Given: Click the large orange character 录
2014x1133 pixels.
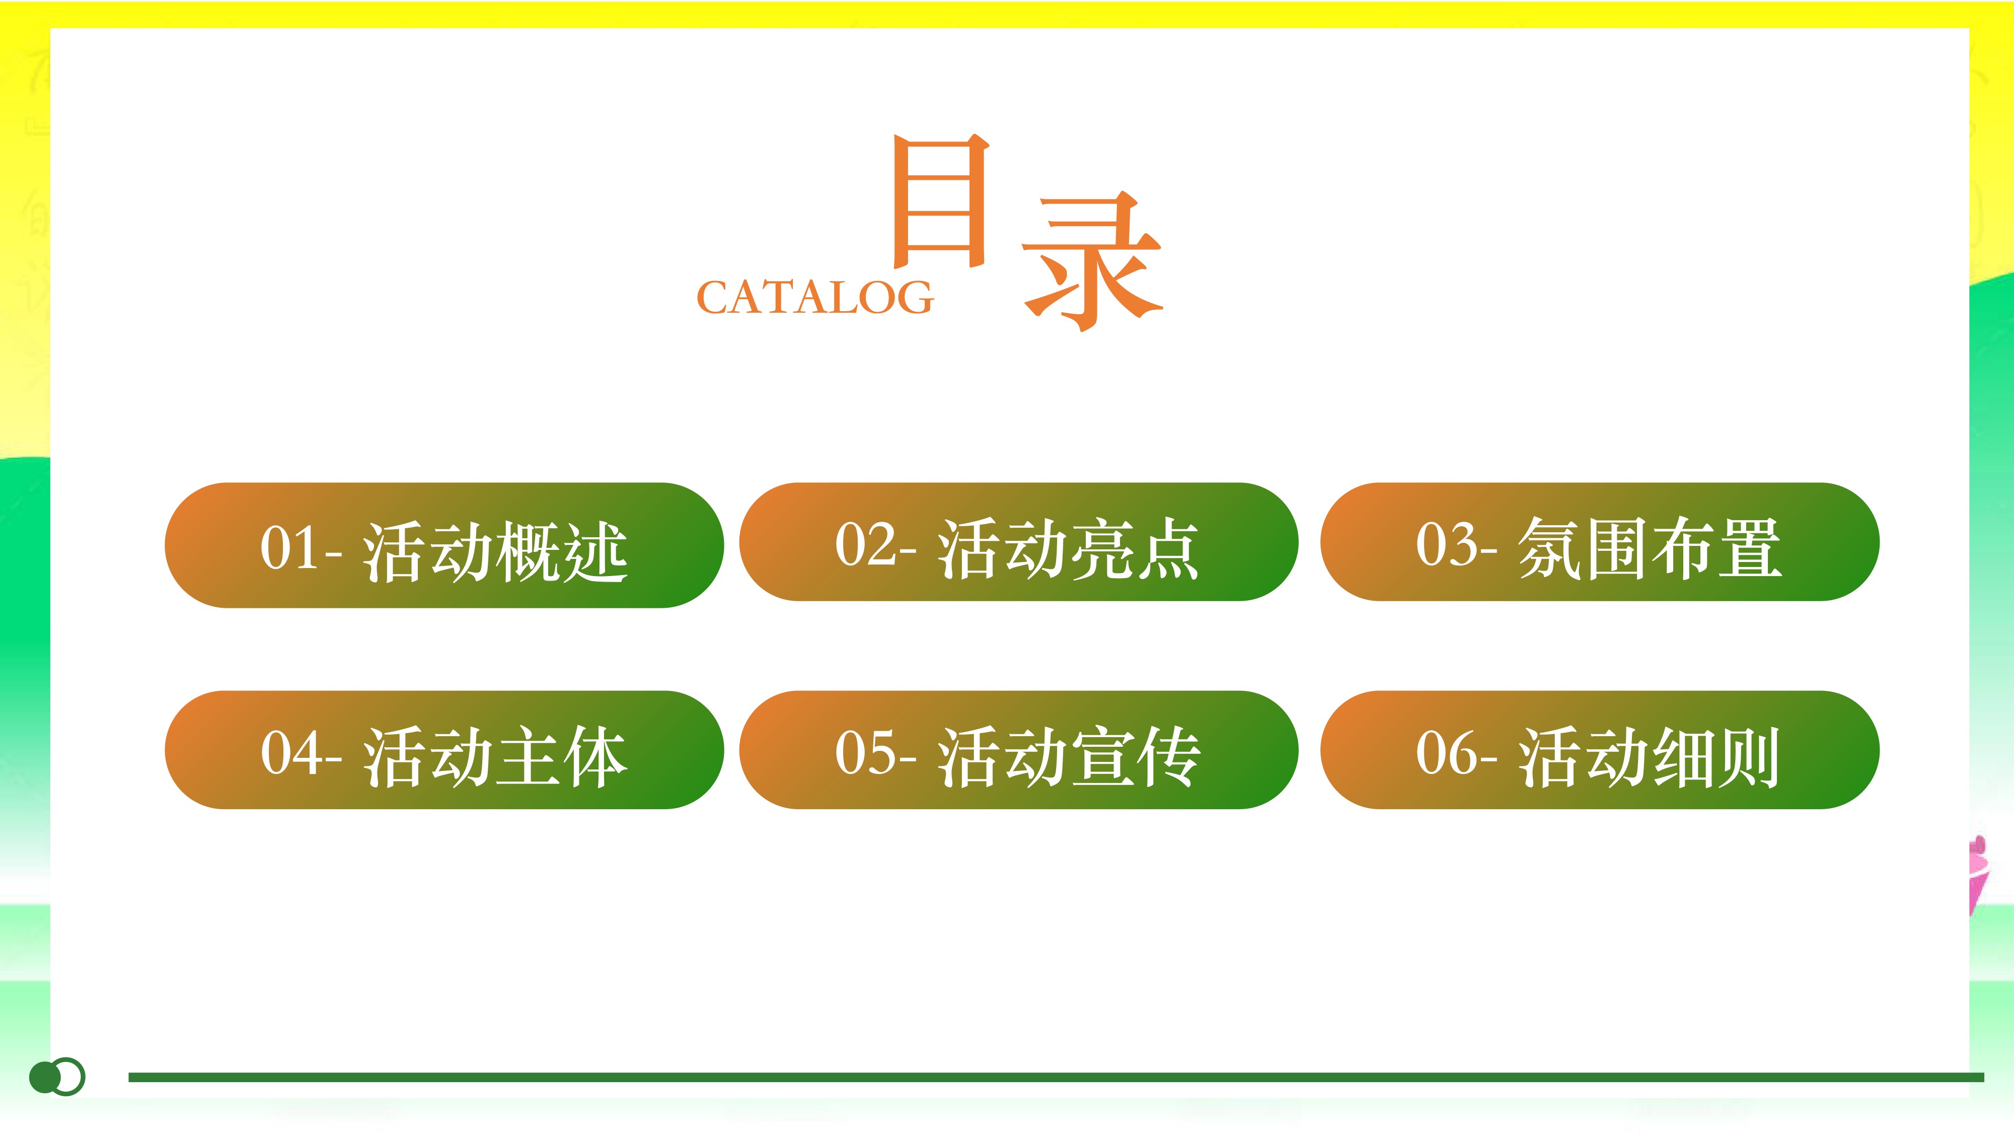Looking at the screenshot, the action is coord(1092,261).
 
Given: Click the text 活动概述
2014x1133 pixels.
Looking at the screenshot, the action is coord(495,551).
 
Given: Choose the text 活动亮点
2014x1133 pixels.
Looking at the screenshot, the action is coord(1069,548).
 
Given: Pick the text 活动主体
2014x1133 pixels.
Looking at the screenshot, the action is coord(495,756).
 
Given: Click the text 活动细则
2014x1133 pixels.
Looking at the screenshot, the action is coord(1649,756).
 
